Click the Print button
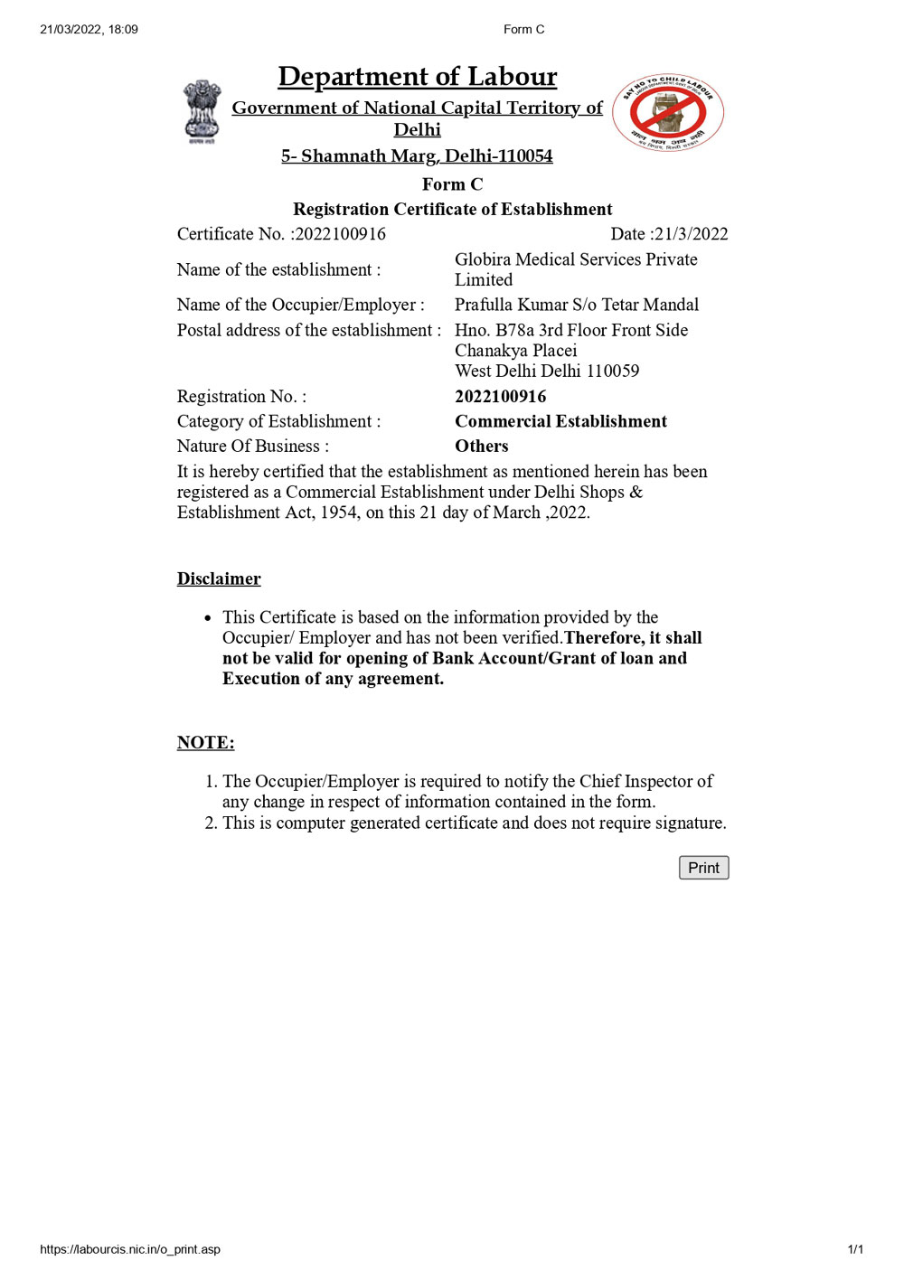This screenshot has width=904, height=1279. click(703, 868)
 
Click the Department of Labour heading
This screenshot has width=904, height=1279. click(417, 77)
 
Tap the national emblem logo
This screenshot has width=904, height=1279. click(202, 111)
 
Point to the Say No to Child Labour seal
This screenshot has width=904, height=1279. click(668, 112)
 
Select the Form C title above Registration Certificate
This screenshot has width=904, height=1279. click(452, 184)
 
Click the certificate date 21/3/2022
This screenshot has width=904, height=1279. click(691, 234)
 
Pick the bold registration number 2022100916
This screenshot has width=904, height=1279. click(500, 397)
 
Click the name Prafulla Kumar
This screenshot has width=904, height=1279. click(511, 305)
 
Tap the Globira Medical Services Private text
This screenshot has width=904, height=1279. click(576, 259)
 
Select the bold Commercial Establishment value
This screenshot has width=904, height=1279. click(560, 421)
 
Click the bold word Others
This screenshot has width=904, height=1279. click(481, 447)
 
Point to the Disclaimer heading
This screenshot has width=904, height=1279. click(219, 579)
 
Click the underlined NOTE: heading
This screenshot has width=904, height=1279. click(205, 743)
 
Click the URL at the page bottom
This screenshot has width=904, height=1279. click(130, 1249)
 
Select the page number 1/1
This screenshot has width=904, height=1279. click(855, 1249)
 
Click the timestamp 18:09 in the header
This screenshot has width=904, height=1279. click(123, 30)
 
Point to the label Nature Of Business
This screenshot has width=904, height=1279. click(252, 447)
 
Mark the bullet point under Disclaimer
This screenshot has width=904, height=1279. click(208, 618)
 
